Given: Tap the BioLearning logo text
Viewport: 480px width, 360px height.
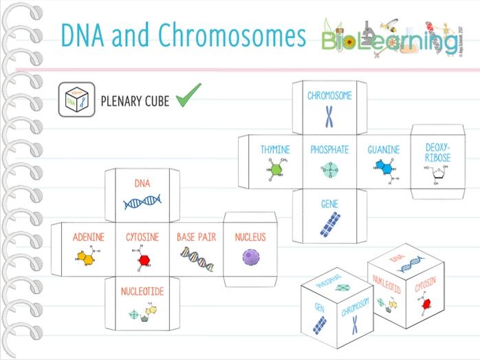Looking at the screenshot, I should pos(389,41).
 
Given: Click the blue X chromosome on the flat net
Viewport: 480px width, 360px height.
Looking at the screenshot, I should pos(329,117).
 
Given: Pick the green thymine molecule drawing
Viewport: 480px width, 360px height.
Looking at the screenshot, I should pos(275,170).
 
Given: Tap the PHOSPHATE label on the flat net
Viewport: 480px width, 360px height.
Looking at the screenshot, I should pos(329,149).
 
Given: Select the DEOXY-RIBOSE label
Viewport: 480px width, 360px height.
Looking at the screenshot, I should pos(438,153).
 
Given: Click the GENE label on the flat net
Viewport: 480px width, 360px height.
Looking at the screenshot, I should pos(329,204).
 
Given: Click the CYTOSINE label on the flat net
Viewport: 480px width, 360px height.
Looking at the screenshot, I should pos(142,237).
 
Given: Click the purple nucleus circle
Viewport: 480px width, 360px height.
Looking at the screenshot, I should pos(250,257).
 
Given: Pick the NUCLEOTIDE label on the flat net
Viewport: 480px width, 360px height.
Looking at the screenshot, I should pos(142,292).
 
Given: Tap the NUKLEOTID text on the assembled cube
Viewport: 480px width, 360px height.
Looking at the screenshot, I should pos(387,286).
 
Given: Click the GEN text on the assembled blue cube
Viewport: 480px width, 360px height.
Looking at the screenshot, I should pos(319,307).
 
